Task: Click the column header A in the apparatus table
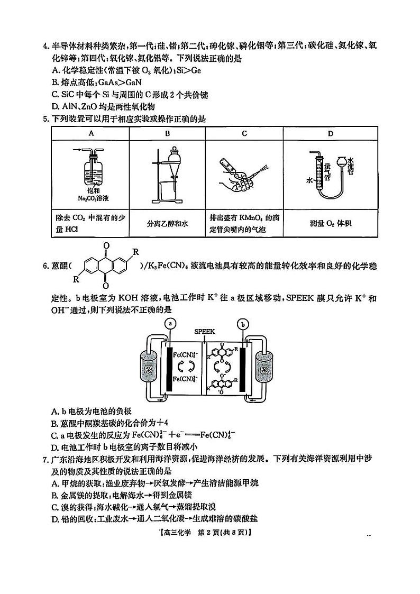[x=90, y=133]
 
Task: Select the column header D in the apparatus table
[x=330, y=133]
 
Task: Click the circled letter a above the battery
[x=170, y=323]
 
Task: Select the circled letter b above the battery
[x=243, y=323]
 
